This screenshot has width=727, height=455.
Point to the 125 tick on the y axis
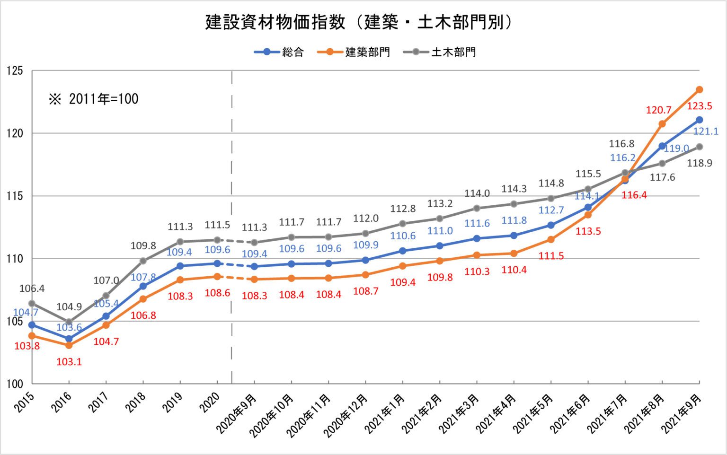coord(15,71)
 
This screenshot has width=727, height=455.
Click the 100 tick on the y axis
coord(15,384)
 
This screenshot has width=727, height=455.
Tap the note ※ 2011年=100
coord(94,99)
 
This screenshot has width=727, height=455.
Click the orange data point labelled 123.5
coord(699,89)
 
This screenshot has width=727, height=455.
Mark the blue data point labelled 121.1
coord(699,120)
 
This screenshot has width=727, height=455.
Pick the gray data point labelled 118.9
coord(699,147)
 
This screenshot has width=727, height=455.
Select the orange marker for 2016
coord(69,345)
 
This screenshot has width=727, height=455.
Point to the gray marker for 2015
coord(32,303)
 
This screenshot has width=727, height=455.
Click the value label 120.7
coord(658,110)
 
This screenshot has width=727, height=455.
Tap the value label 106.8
coord(143,315)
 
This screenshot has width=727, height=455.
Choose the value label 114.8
coord(551,184)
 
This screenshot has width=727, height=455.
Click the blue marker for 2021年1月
coord(402,251)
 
